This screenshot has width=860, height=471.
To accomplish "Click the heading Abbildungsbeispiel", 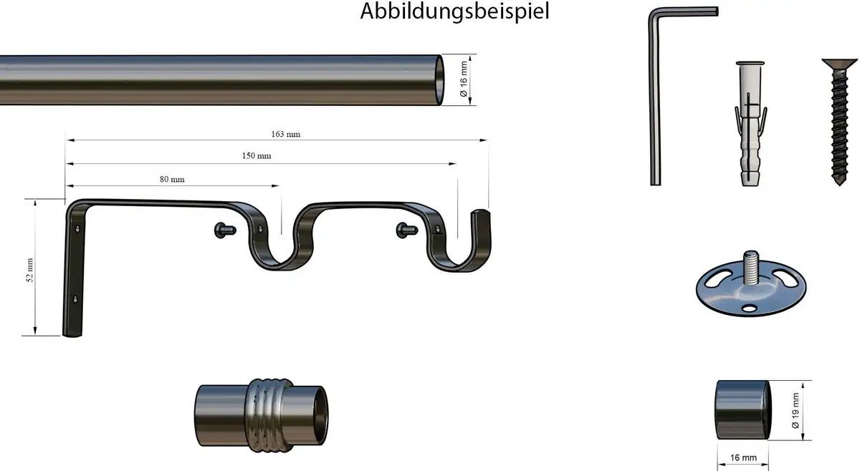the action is (454, 11).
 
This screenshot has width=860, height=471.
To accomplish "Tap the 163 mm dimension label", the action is (286, 135).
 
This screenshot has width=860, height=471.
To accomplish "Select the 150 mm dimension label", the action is (257, 156).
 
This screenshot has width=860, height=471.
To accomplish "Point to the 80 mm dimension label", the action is (172, 179).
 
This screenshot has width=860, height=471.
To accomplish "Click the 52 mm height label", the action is (30, 270).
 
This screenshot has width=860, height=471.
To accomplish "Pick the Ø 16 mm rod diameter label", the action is (464, 79).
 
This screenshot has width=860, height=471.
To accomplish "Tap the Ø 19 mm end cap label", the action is (795, 410).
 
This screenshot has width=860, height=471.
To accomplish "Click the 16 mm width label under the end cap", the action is (743, 457).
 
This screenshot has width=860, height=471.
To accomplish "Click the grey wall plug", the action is (750, 124).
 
